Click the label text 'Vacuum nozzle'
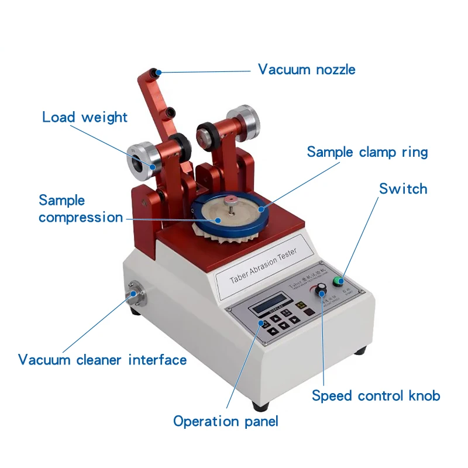click(307, 70)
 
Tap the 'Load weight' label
click(85, 117)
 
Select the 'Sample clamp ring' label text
click(367, 152)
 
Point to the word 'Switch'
click(403, 189)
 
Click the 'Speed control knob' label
click(376, 396)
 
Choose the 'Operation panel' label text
click(226, 421)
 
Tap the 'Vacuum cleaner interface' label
click(102, 359)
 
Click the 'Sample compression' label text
click(81, 209)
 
